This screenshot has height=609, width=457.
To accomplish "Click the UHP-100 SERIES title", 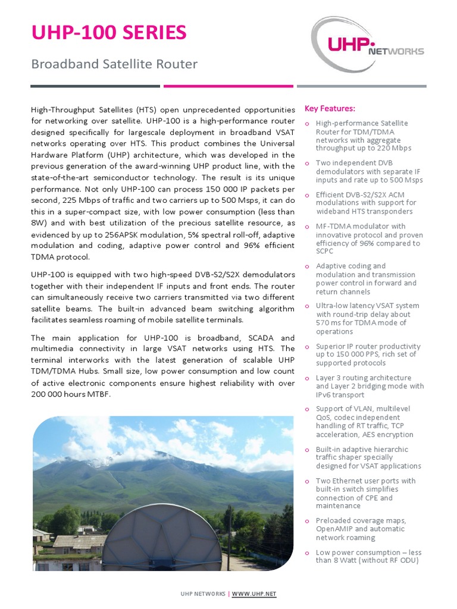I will [108, 33].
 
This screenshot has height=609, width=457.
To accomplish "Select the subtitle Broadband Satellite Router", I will [114, 64].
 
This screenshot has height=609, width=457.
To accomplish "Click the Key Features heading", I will [330, 108].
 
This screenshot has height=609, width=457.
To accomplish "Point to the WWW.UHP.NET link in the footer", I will [254, 594].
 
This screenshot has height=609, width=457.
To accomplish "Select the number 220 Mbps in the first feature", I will [395, 148].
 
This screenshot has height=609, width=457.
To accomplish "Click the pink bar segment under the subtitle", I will [228, 86].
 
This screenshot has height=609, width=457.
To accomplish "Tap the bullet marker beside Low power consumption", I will [307, 553].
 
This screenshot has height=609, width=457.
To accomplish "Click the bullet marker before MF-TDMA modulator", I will [307, 227].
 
